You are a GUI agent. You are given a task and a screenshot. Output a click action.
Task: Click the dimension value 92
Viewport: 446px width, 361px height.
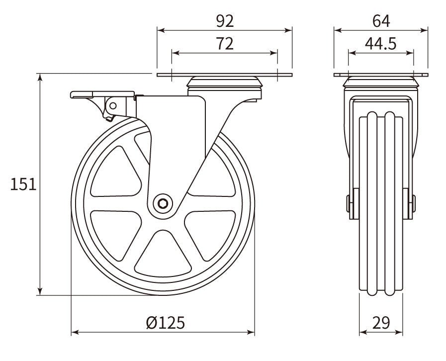tap(225, 21)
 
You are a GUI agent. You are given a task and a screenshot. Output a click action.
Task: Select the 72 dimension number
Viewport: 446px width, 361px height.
tap(225, 44)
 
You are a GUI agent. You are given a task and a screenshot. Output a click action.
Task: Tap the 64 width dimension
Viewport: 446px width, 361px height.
tap(380, 21)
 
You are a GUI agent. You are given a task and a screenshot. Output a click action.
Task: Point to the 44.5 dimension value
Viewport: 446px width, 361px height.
tap(380, 44)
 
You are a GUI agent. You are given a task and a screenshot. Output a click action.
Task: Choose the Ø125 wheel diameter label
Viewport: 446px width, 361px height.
tap(166, 323)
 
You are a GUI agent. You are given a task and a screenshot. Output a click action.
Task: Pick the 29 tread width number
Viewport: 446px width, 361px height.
tap(380, 323)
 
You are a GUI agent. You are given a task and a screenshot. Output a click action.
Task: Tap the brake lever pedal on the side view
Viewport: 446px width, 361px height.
tap(102, 94)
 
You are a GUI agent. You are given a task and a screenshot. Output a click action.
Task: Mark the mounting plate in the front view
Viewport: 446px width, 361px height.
tap(380, 75)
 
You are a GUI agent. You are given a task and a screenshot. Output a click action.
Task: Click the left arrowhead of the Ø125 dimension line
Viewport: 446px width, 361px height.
tap(75, 332)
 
